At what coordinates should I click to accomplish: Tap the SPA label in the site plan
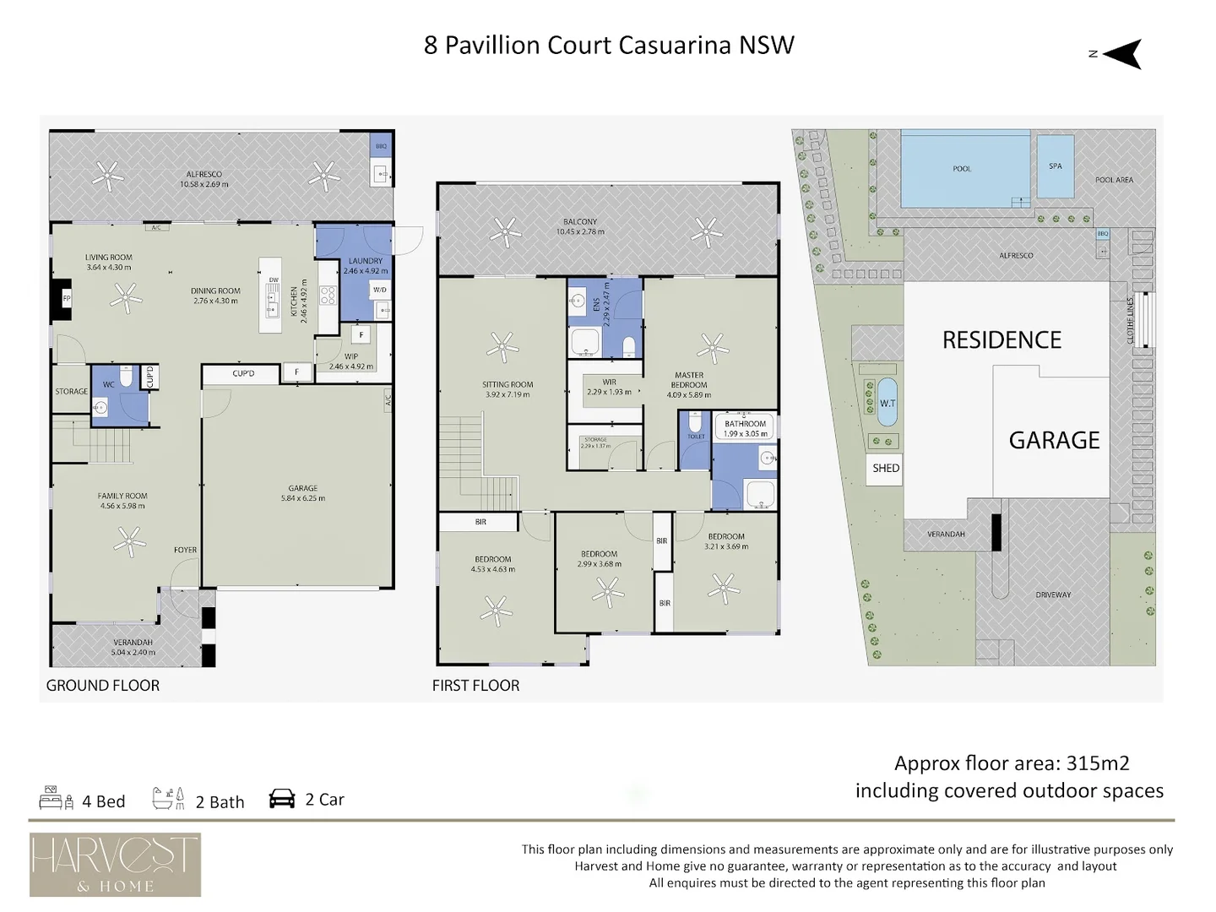pos(1055,166)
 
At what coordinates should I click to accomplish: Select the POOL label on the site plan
pos(962,169)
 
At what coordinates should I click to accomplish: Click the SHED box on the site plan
pos(886,469)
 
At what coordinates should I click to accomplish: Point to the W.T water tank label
pos(888,404)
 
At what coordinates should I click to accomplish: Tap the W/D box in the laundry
pos(380,290)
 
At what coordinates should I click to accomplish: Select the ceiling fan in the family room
pos(129,541)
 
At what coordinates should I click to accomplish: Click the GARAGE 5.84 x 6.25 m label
pos(302,493)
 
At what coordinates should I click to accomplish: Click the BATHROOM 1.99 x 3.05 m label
pos(745,429)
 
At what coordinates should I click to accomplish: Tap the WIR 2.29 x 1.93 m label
pos(609,387)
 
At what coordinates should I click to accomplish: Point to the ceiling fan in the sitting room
pos(503,347)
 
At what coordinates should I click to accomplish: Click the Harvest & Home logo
pos(115,865)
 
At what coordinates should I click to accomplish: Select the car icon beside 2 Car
pos(282,799)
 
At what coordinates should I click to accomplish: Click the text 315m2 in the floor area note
pos(1098,763)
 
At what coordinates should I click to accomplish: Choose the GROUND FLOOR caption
pos(102,686)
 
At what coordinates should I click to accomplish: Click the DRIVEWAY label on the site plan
pos(1053,595)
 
